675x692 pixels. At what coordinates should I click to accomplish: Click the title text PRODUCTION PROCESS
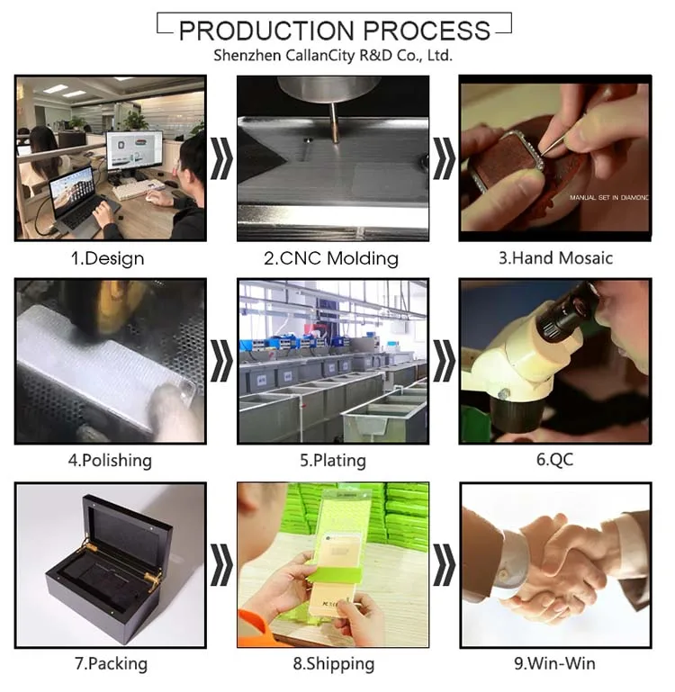334,31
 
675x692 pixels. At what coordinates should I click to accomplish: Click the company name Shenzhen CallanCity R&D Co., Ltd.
333,56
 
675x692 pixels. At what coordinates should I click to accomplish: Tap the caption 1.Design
108,258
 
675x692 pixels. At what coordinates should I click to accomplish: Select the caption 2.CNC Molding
331,258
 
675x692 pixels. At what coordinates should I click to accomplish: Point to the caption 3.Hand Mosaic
556,258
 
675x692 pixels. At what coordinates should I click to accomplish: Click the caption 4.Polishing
110,461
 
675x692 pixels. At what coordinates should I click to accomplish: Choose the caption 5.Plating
333,461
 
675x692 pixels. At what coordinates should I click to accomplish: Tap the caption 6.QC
555,460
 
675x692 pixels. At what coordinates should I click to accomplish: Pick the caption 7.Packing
111,664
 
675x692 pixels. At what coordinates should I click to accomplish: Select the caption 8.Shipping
334,664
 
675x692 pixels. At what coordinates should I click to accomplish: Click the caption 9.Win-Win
554,663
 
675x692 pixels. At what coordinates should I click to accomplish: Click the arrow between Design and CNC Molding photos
221,158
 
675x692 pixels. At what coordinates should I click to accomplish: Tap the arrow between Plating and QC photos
444,361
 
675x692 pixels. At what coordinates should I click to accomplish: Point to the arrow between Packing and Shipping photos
221,565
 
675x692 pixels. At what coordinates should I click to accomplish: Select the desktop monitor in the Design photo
135,152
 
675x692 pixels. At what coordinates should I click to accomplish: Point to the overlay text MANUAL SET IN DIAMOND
608,198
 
